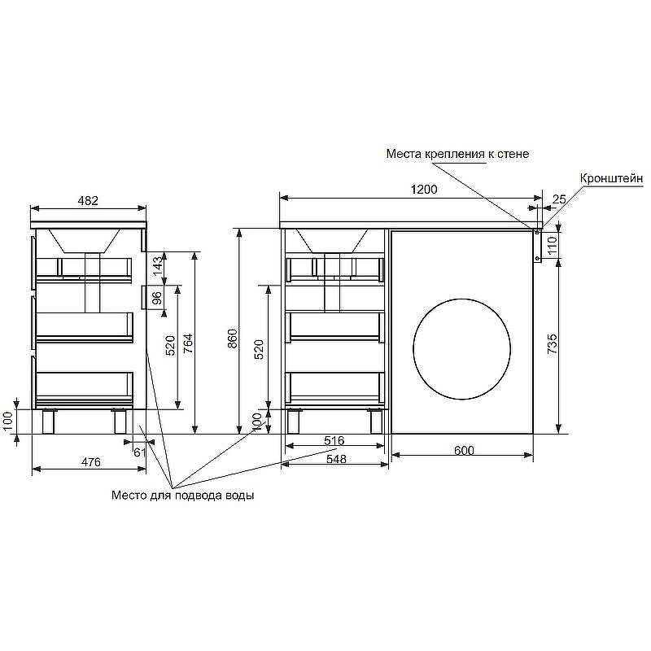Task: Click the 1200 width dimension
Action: pyautogui.click(x=424, y=190)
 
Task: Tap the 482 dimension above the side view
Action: pyautogui.click(x=88, y=201)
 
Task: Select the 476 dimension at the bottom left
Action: pyautogui.click(x=91, y=462)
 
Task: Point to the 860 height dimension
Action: pyautogui.click(x=233, y=339)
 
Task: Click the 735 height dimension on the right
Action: pyautogui.click(x=553, y=343)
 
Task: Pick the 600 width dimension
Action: pyautogui.click(x=464, y=451)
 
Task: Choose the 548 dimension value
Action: pyautogui.click(x=336, y=459)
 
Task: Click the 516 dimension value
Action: pyautogui.click(x=334, y=440)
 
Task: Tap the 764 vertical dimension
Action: pyautogui.click(x=188, y=343)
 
